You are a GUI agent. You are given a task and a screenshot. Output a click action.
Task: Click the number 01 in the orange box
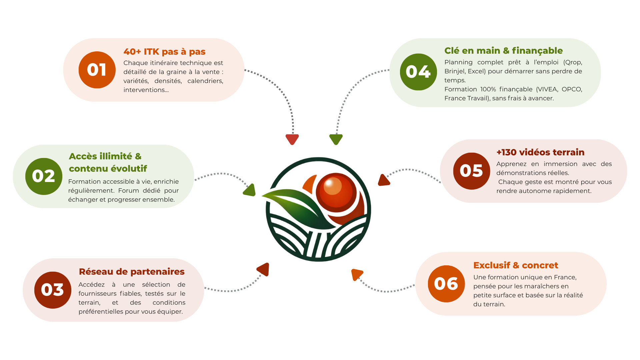96,70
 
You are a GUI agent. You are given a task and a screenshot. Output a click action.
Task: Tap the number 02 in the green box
43,176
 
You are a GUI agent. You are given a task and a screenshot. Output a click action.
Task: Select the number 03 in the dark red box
52,290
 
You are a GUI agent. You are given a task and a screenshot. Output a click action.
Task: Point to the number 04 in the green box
418,72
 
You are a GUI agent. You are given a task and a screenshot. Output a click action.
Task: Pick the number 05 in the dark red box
471,171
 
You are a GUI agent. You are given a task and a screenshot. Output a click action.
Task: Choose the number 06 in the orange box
446,284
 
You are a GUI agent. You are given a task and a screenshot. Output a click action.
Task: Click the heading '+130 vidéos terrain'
540,152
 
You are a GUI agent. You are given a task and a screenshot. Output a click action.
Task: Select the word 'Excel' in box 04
476,71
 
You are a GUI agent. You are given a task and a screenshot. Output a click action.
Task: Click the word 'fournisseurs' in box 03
97,294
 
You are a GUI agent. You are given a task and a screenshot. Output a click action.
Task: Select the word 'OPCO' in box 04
572,89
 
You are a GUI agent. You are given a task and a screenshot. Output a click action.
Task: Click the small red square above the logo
292,141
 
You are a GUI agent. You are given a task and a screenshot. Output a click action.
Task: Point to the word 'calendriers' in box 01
205,81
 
